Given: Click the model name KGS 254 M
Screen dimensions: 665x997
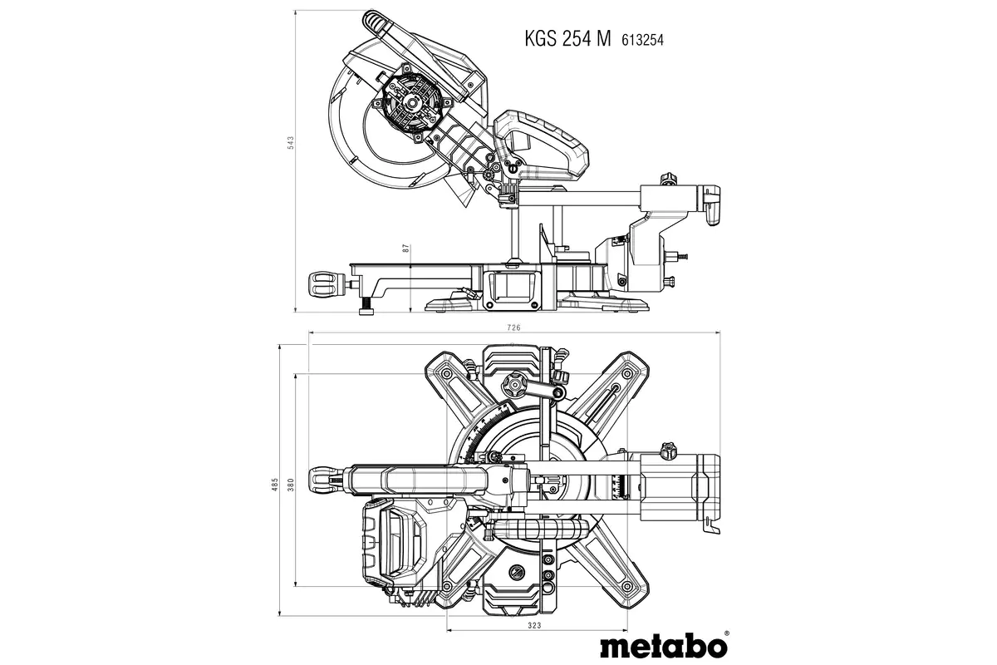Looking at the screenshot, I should [567, 38].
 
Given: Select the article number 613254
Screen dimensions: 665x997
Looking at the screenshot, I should [645, 40].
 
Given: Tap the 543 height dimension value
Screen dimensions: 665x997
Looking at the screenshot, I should [291, 142].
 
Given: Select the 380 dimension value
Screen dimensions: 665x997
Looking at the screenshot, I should [290, 485].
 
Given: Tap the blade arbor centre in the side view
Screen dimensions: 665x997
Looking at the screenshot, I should [410, 104].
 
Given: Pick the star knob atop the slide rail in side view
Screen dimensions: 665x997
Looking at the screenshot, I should [665, 179].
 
